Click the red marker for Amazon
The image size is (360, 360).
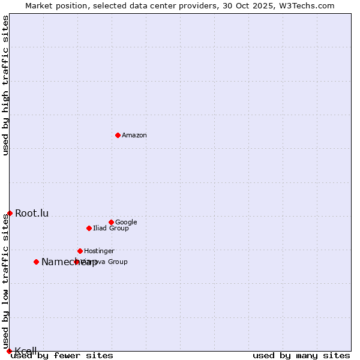(x=118, y=135)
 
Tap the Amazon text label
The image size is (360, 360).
(x=134, y=136)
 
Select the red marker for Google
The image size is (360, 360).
(x=111, y=222)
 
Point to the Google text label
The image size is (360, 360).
(x=126, y=222)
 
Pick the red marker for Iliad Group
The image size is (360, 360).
(x=89, y=228)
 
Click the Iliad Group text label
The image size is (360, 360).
(x=111, y=229)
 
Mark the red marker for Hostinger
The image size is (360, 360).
(x=80, y=251)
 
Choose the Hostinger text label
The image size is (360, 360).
(x=99, y=251)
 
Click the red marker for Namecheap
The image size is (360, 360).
(x=37, y=262)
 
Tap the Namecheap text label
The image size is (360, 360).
(x=69, y=262)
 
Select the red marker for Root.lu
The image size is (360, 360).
(x=10, y=213)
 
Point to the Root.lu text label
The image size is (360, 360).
(x=32, y=213)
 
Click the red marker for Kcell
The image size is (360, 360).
(x=9, y=351)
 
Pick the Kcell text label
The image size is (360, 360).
(x=26, y=351)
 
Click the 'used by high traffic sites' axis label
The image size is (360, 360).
(x=6, y=85)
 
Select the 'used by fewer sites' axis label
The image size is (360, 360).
(x=62, y=355)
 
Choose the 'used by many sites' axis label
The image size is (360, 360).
(x=301, y=355)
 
